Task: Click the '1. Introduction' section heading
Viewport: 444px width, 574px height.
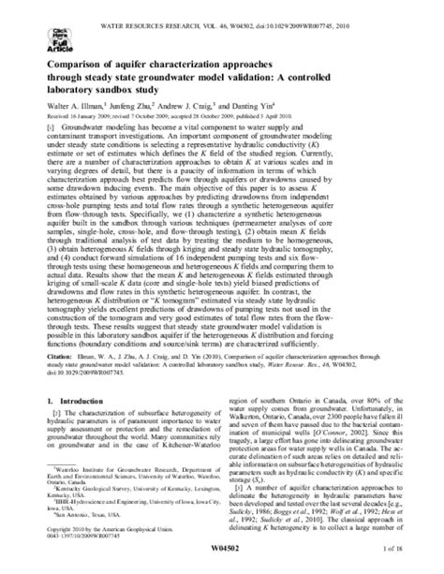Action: [x=74, y=400]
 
